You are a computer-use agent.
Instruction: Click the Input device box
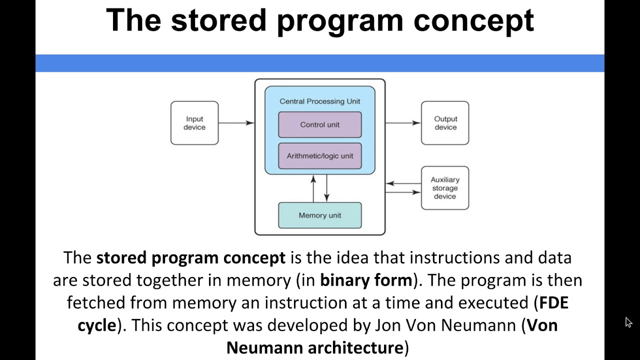(x=194, y=123)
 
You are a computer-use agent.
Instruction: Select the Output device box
(x=445, y=123)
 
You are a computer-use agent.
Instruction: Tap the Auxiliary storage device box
(x=445, y=188)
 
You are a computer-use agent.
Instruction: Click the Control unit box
(x=319, y=124)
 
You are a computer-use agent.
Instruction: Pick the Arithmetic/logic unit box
(x=319, y=156)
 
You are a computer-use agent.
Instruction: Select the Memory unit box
(x=319, y=215)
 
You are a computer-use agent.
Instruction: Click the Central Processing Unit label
(x=319, y=101)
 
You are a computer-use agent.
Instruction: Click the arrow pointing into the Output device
(x=402, y=123)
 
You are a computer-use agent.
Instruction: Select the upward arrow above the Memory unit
(x=313, y=188)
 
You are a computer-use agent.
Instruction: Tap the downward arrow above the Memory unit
(x=326, y=188)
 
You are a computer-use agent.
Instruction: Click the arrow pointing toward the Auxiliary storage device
(x=403, y=192)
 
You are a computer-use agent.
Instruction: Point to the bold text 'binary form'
(x=366, y=280)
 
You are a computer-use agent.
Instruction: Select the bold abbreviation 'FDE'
(x=553, y=302)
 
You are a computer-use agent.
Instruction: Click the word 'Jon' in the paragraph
(x=387, y=325)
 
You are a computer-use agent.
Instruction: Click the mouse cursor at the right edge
(x=628, y=322)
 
